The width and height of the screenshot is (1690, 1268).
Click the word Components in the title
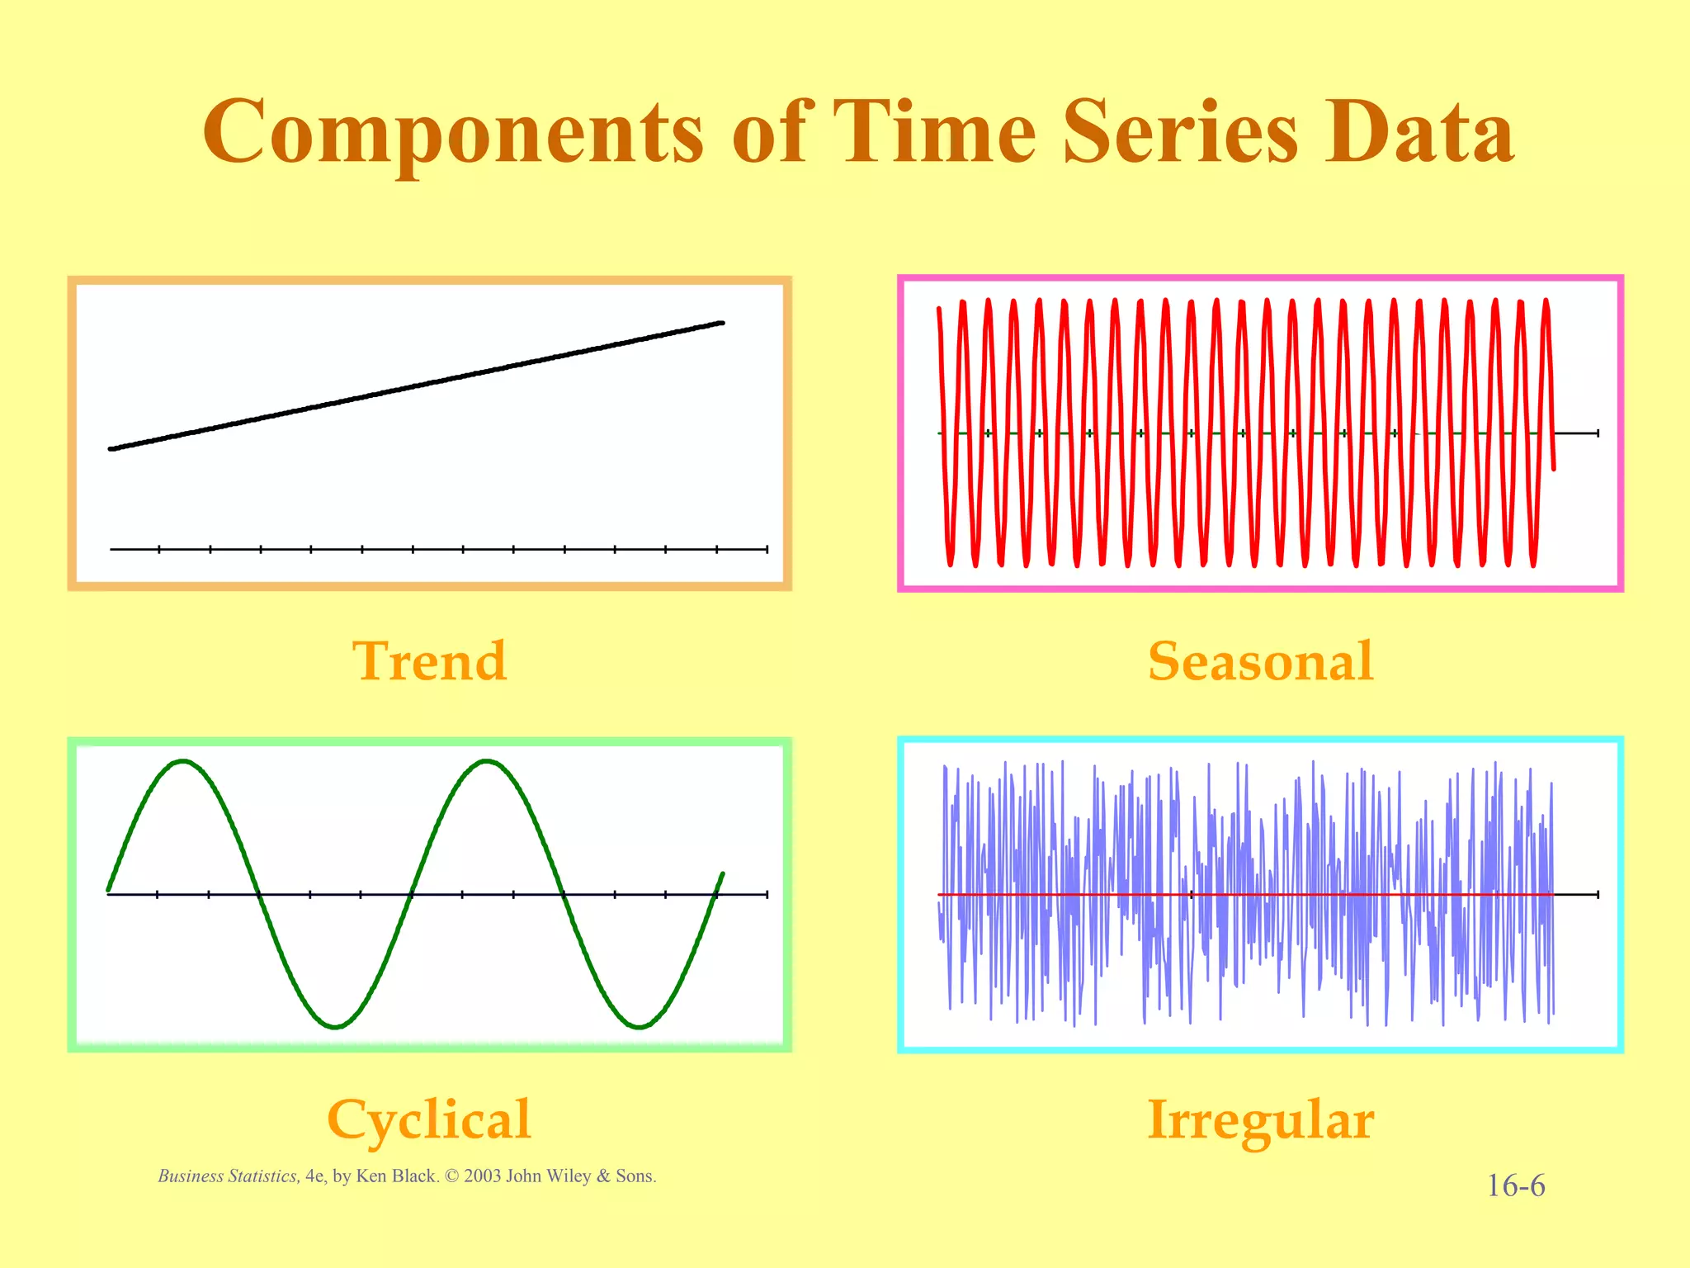click(x=453, y=132)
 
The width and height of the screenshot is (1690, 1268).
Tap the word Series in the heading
click(x=1181, y=132)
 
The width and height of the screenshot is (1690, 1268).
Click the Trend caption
click(x=429, y=661)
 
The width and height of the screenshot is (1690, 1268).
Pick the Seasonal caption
click(x=1260, y=661)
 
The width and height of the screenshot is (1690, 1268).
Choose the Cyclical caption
click(x=429, y=1119)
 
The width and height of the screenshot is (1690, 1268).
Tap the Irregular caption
click(x=1260, y=1119)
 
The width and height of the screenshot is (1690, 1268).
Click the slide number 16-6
click(x=1515, y=1186)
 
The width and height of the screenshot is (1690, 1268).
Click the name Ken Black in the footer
click(x=395, y=1176)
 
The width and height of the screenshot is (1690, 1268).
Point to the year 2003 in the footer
click(x=482, y=1176)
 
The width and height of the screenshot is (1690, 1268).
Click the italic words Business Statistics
click(x=228, y=1176)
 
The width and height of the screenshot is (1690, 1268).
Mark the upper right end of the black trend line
click(x=722, y=323)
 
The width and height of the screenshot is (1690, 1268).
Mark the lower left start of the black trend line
click(x=111, y=448)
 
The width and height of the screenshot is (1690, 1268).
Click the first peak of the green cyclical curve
click(x=183, y=761)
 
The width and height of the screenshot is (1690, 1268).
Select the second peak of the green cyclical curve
click(x=488, y=761)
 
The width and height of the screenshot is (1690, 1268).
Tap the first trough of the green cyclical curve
click(x=335, y=1027)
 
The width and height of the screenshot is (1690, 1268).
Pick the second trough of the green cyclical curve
click(x=640, y=1027)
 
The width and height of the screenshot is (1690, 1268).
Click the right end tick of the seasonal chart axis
click(x=1598, y=433)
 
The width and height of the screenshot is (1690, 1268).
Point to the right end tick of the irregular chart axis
click(x=1598, y=894)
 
